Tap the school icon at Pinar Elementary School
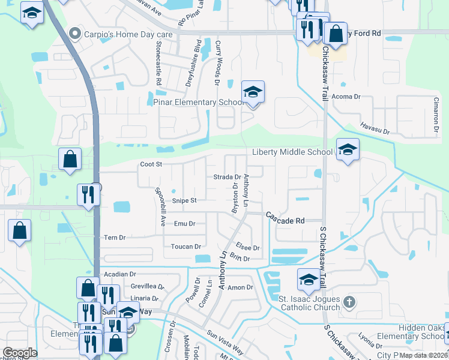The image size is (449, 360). tap(253, 92)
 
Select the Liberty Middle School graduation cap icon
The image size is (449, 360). tap(347, 150)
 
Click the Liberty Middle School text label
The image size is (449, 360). tap(292, 152)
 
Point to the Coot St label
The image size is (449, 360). tap(151, 164)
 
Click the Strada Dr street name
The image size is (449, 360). tap(227, 177)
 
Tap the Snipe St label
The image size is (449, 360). tap(184, 200)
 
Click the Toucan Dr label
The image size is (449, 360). tap(185, 247)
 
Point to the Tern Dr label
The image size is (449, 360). tap(114, 238)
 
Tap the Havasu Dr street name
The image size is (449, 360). tap(375, 129)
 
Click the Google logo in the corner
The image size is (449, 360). tap(20, 353)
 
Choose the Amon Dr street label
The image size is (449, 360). tap(240, 287)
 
